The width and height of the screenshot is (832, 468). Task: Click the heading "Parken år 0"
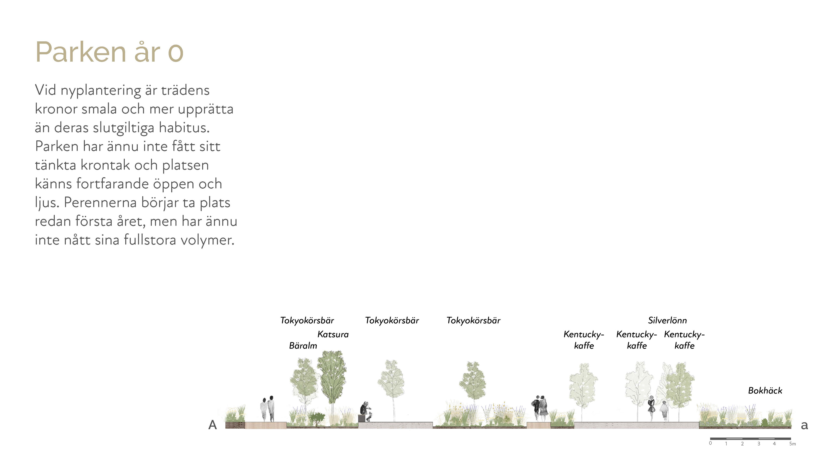tap(109, 52)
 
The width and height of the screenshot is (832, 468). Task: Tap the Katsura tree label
tap(333, 334)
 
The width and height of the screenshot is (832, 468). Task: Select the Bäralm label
tap(303, 346)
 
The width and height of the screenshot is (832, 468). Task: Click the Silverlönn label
tap(667, 320)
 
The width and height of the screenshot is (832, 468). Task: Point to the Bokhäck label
tap(765, 390)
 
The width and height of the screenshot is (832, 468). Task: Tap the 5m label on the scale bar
tap(792, 444)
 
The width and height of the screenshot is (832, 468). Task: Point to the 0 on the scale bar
tap(710, 443)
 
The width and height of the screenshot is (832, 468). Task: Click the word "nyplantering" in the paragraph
tap(101, 90)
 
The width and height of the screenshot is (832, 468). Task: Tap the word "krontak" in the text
tap(105, 165)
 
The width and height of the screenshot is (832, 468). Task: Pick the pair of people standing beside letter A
tap(268, 409)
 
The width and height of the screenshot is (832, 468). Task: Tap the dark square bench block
tap(361, 418)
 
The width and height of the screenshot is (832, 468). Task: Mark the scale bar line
tap(750, 439)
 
